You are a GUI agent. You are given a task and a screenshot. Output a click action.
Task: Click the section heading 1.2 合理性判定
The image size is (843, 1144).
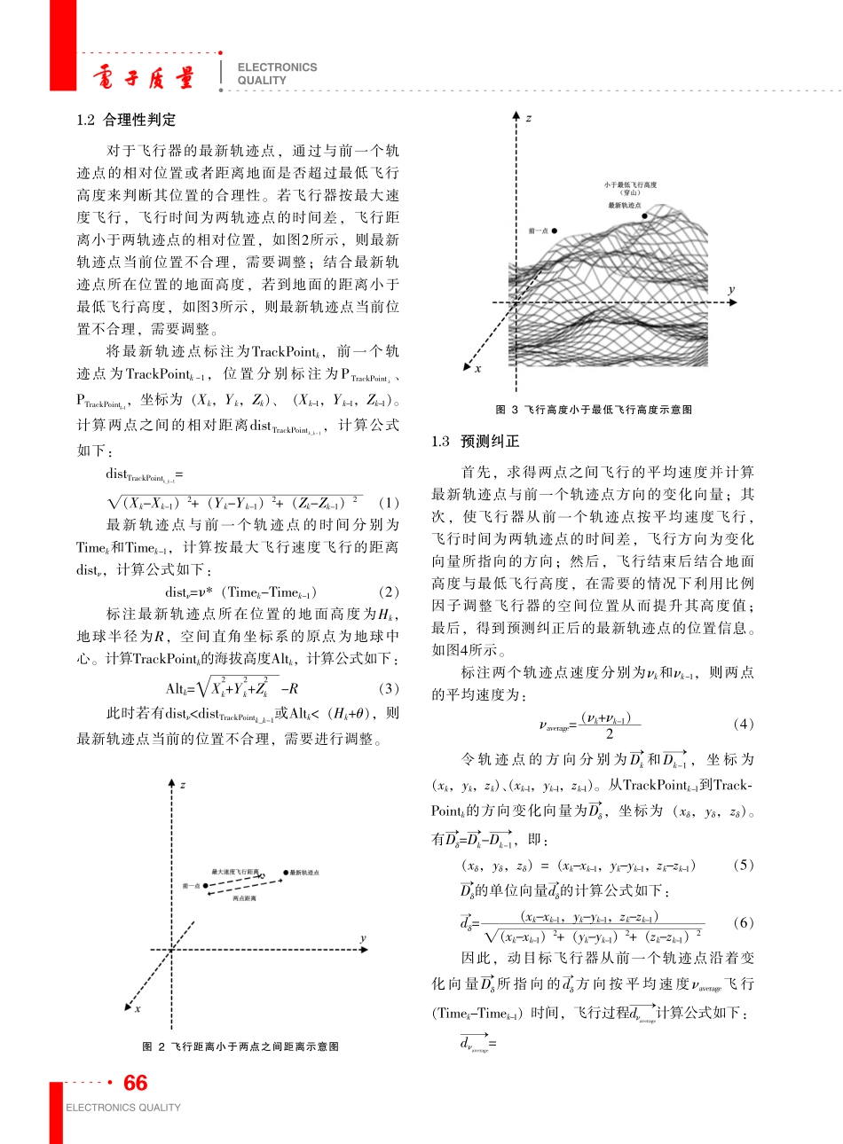click(126, 120)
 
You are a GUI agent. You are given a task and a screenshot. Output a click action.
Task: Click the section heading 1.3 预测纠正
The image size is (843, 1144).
click(476, 441)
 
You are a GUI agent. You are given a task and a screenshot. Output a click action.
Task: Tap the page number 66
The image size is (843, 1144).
click(136, 1083)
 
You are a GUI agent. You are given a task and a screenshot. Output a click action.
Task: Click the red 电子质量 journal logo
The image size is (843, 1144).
click(142, 78)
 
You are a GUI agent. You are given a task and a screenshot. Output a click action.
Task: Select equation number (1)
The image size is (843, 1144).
click(389, 502)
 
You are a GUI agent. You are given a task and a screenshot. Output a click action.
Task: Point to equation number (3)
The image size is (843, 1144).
click(389, 688)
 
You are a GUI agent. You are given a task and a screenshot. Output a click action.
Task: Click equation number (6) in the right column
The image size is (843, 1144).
click(744, 922)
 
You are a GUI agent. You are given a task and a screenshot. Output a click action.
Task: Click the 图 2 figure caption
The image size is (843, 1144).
click(240, 1046)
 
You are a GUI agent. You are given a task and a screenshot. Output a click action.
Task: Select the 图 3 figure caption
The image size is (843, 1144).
click(594, 409)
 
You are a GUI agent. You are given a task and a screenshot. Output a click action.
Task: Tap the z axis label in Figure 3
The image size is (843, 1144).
click(529, 118)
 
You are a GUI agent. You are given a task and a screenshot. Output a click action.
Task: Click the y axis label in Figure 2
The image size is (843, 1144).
click(363, 938)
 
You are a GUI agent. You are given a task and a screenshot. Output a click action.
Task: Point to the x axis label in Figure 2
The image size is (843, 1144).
click(138, 1008)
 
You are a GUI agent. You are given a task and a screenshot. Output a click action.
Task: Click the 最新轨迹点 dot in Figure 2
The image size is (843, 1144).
click(286, 873)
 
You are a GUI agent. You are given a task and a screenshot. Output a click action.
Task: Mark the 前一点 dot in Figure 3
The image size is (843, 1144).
click(555, 231)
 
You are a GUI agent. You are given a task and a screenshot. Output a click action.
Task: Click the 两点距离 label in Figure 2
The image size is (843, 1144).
click(244, 898)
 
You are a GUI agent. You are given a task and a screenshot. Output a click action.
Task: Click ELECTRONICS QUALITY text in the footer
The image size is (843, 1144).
click(122, 1108)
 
